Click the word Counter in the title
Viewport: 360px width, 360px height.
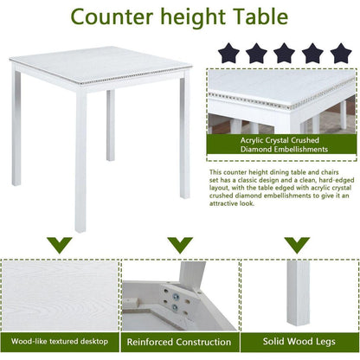point(108,18)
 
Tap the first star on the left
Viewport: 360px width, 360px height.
point(230,54)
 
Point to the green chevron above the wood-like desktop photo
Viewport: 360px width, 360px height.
point(59,245)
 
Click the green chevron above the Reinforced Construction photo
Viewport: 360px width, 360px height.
point(179,245)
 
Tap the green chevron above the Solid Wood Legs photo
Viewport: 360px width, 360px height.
point(299,245)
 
